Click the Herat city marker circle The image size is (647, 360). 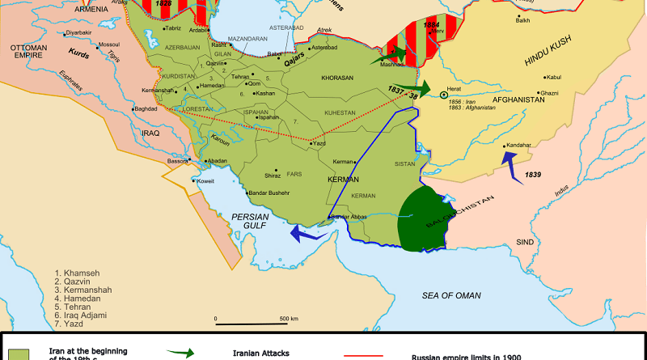[x=444, y=95]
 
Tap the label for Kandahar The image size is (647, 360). [x=522, y=145]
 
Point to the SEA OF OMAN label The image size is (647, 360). [x=451, y=298]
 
